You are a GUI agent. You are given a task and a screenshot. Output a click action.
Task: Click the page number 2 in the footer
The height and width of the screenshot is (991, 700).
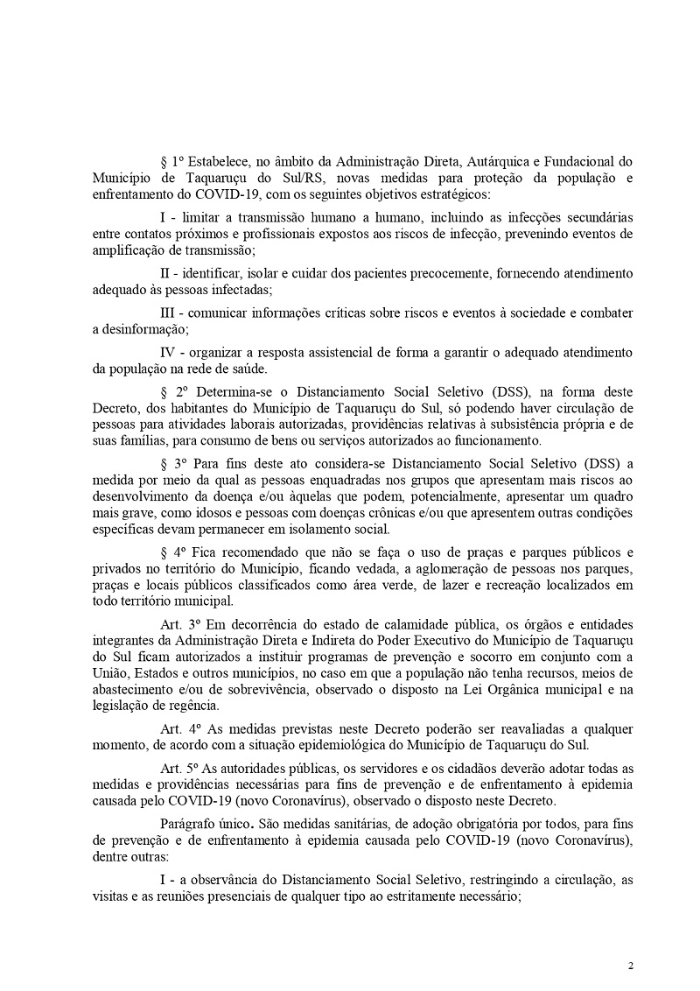click(x=630, y=966)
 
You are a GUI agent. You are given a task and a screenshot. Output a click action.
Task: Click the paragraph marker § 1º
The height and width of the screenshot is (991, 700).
click(x=172, y=162)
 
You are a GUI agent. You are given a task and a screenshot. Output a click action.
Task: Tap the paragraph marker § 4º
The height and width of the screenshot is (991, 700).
click(x=172, y=552)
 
